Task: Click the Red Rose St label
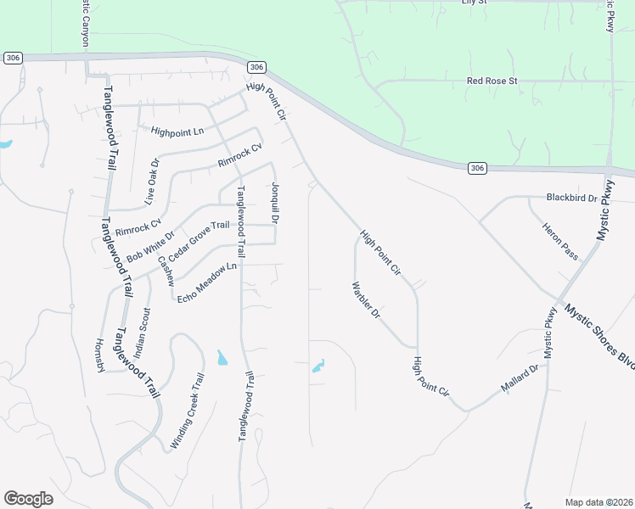tap(492, 81)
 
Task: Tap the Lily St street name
tap(473, 3)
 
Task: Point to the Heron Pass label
tap(560, 241)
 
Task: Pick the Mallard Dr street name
tap(520, 379)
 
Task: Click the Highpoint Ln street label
tap(177, 131)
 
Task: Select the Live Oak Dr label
tap(151, 182)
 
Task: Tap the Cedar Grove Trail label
tap(199, 241)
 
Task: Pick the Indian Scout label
tap(145, 333)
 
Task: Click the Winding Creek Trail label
tap(188, 411)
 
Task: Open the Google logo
tap(28, 499)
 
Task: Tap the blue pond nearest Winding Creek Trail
tap(222, 358)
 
